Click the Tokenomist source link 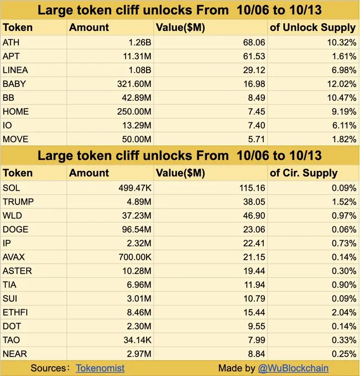100,368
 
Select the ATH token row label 11,42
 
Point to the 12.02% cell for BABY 342,84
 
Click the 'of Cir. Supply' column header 304,173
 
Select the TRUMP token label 18,201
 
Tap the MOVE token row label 15,139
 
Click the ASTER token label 18,271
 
